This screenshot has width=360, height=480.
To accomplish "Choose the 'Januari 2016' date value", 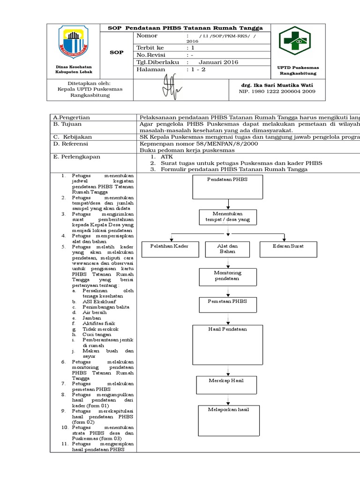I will click(x=218, y=62).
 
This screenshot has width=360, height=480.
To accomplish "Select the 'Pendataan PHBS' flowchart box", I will click(x=228, y=187).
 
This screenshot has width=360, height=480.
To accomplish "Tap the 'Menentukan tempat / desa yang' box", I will click(x=228, y=216).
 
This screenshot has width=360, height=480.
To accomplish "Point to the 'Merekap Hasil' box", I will click(x=226, y=385).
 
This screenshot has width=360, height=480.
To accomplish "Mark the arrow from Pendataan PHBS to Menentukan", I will click(x=228, y=203).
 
